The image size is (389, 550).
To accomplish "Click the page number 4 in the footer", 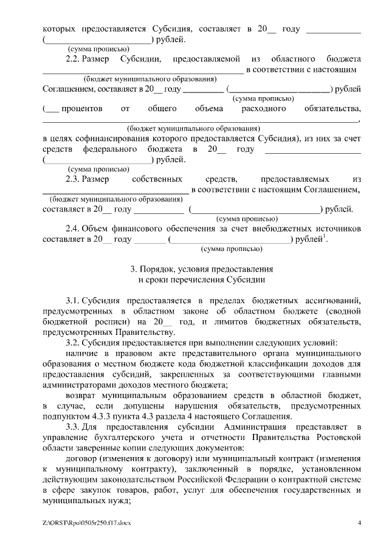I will pos(359,523).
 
